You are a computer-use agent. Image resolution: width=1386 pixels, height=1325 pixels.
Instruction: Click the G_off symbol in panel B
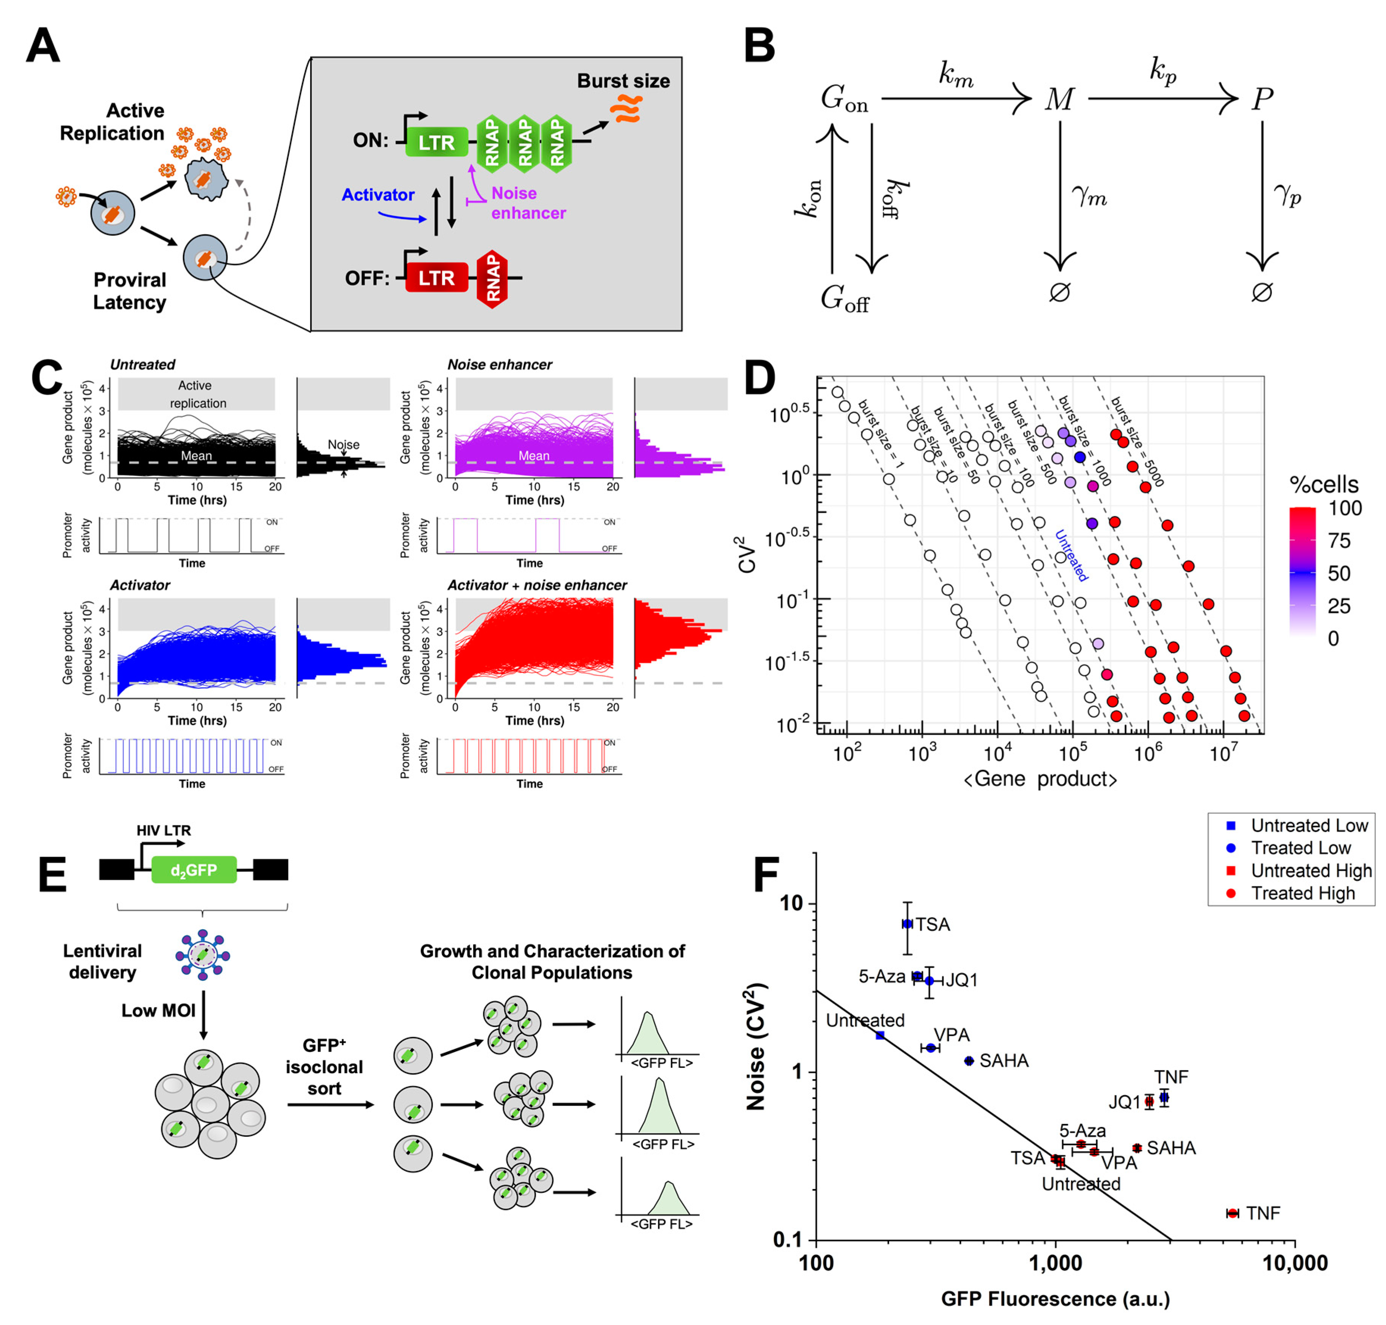(x=844, y=300)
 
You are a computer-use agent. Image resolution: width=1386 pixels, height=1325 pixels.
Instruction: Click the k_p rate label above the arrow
(x=1162, y=71)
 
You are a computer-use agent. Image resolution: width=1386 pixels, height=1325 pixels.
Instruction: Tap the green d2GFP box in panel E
(x=194, y=870)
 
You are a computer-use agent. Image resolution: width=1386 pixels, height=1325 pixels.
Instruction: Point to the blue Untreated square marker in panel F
(x=880, y=1035)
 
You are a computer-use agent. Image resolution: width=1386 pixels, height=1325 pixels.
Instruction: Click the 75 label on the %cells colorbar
(x=1339, y=541)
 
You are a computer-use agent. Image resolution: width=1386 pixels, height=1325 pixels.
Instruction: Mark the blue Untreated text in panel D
(x=1070, y=556)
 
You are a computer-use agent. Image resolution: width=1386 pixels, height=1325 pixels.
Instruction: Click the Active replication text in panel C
(x=196, y=394)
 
